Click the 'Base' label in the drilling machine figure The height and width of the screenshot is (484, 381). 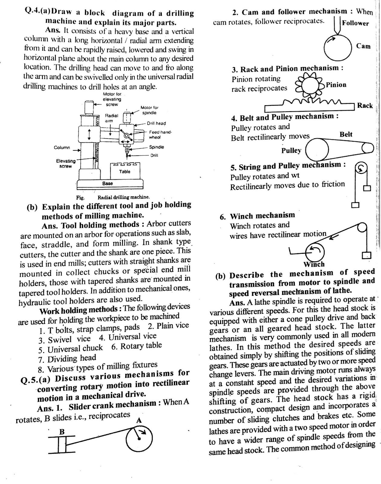click(107, 183)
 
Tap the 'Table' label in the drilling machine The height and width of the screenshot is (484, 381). click(125, 172)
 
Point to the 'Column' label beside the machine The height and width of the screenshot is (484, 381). click(62, 148)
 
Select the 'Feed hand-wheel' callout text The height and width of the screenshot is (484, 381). click(160, 135)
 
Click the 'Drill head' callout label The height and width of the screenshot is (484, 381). click(156, 123)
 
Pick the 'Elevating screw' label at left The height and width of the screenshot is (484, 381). click(66, 163)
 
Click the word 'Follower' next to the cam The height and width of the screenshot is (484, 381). click(355, 23)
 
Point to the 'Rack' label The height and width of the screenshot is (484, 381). click(365, 106)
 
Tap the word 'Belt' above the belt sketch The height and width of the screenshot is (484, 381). click(346, 134)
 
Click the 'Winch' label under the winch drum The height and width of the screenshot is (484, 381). click(314, 264)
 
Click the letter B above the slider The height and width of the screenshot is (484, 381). click(62, 432)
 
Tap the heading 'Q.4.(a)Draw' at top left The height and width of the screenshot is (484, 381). click(48, 12)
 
